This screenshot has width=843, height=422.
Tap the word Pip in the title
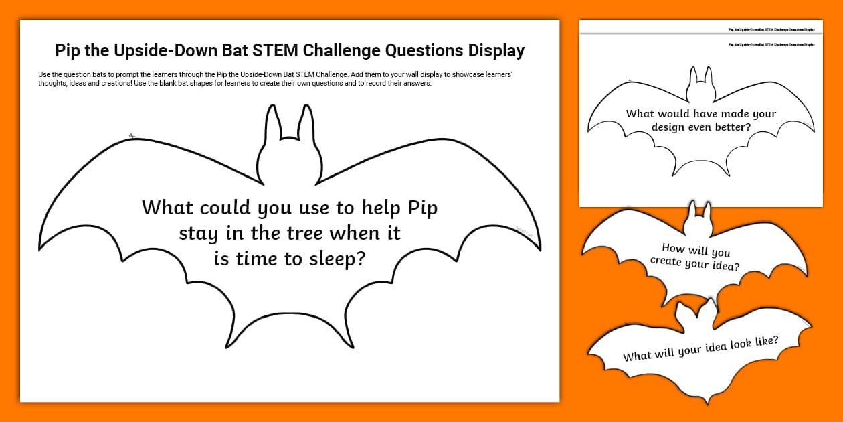pyautogui.click(x=68, y=51)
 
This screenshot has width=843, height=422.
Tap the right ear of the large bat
pyautogui.click(x=306, y=127)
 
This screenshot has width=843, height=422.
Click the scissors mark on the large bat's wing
pyautogui.click(x=132, y=136)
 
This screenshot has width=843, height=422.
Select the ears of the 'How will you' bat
pyautogui.click(x=700, y=210)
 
